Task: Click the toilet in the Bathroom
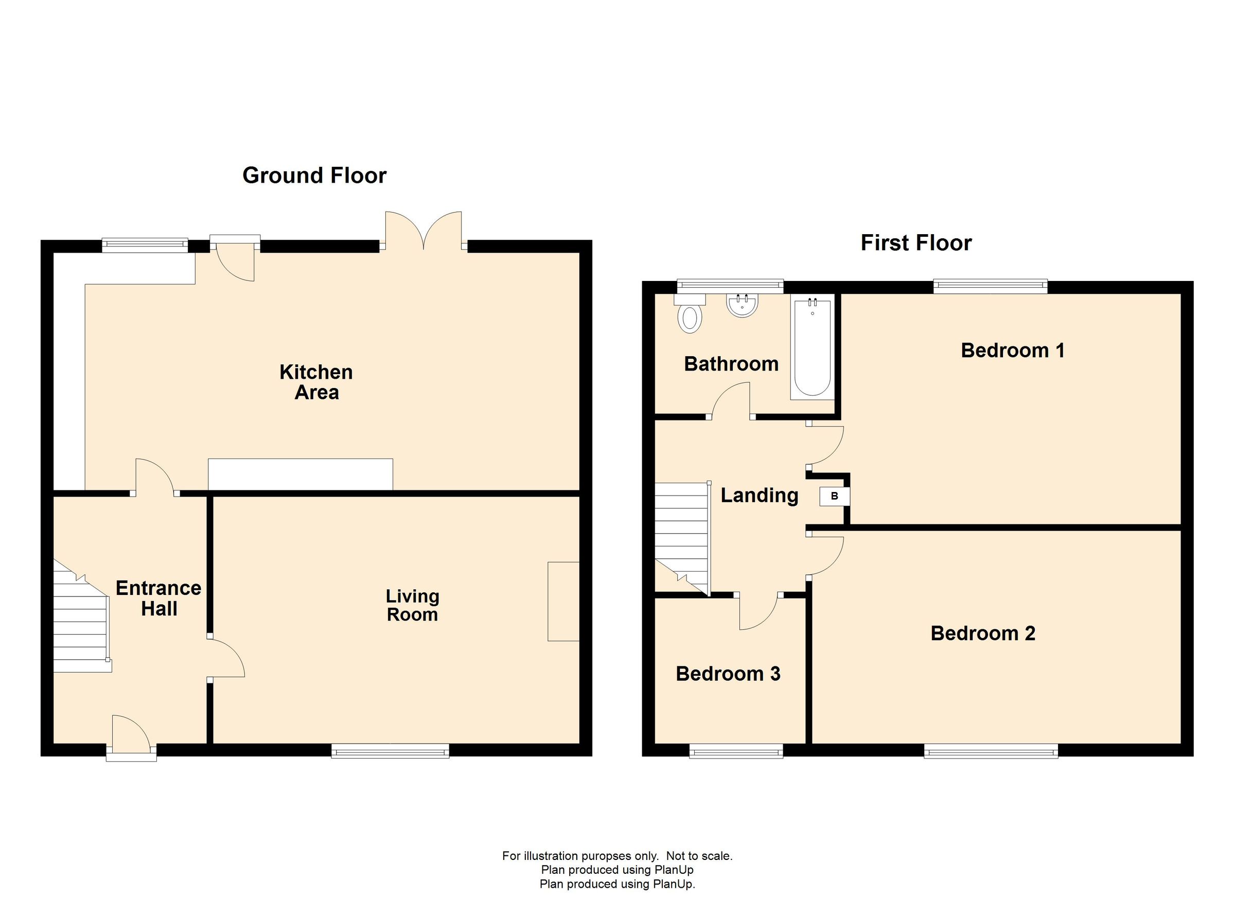(690, 313)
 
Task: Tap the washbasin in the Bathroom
(742, 306)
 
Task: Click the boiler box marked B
(834, 496)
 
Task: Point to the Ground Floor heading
(314, 175)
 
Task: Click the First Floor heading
(916, 243)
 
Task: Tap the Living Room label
(412, 605)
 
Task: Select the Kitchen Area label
(316, 382)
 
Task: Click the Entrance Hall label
(158, 598)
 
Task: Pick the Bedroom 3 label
(728, 674)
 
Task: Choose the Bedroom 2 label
(983, 633)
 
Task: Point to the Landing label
(760, 496)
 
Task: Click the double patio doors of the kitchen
(424, 231)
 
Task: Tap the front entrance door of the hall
(131, 738)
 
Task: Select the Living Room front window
(391, 750)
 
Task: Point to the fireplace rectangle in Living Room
(563, 601)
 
